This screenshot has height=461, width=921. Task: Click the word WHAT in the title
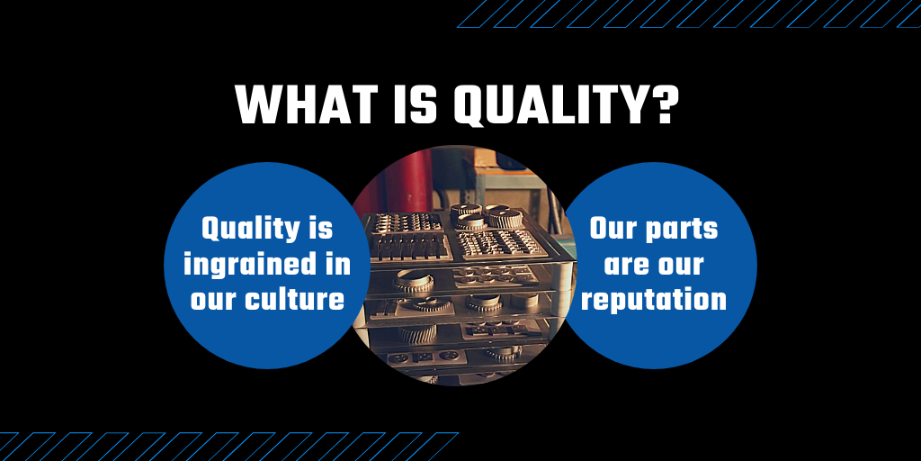(308, 104)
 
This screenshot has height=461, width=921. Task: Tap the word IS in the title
(416, 104)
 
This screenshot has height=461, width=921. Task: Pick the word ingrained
(254, 266)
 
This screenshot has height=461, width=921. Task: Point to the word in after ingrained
(340, 265)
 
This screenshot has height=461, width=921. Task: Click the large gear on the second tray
(414, 281)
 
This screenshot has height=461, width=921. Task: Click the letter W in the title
(259, 104)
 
